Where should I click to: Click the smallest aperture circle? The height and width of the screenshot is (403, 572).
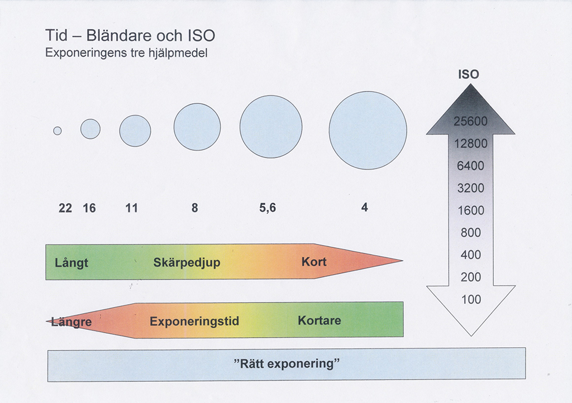(x=58, y=131)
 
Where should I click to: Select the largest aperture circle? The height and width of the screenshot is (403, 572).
(x=368, y=131)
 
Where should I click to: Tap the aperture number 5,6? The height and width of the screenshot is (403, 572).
(x=268, y=208)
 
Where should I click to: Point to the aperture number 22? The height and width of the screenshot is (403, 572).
(x=65, y=208)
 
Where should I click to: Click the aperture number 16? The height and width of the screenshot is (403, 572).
(x=89, y=208)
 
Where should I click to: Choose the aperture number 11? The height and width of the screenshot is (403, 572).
(x=131, y=208)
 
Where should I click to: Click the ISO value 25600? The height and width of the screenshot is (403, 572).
(x=470, y=121)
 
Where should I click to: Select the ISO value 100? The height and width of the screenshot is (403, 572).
(x=471, y=300)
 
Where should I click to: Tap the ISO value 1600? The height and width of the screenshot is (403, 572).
(x=471, y=210)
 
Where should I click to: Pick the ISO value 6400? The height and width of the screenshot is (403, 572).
(x=470, y=166)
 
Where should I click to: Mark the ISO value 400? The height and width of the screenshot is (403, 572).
(x=471, y=255)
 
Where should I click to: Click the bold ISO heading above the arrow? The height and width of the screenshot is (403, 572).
(x=469, y=74)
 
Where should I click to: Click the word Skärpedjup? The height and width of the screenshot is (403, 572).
(x=187, y=262)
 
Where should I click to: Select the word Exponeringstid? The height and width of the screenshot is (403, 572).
(x=194, y=322)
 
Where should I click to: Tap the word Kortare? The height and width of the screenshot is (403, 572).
(x=320, y=320)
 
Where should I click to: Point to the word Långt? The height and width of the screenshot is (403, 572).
(x=71, y=263)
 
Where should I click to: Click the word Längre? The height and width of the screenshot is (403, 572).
(x=71, y=322)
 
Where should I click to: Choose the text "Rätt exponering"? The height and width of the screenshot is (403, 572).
(x=287, y=363)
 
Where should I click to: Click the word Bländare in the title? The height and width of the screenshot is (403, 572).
(x=120, y=35)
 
